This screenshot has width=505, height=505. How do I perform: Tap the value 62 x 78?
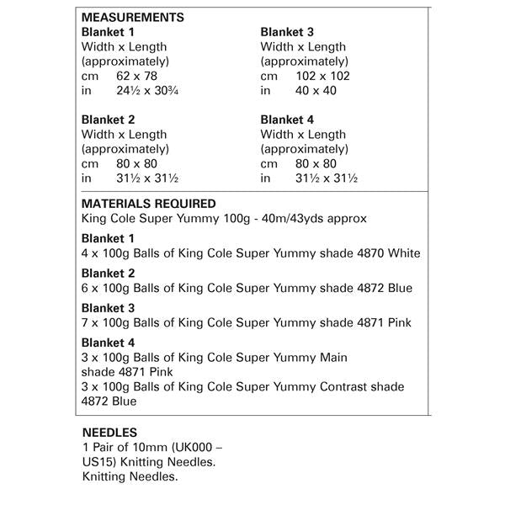(139, 76)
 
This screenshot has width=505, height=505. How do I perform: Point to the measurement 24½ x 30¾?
(147, 91)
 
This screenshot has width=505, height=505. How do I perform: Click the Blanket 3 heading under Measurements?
(289, 32)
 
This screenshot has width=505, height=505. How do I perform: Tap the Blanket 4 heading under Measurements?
(289, 120)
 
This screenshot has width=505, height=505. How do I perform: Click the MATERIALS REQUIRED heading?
(148, 204)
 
